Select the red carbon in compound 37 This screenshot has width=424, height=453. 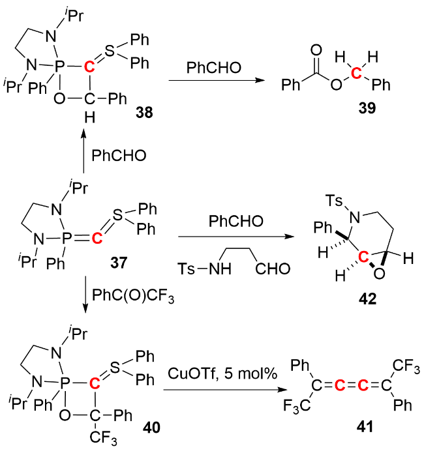point(97,238)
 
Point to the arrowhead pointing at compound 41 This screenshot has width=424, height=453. point(284,391)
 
